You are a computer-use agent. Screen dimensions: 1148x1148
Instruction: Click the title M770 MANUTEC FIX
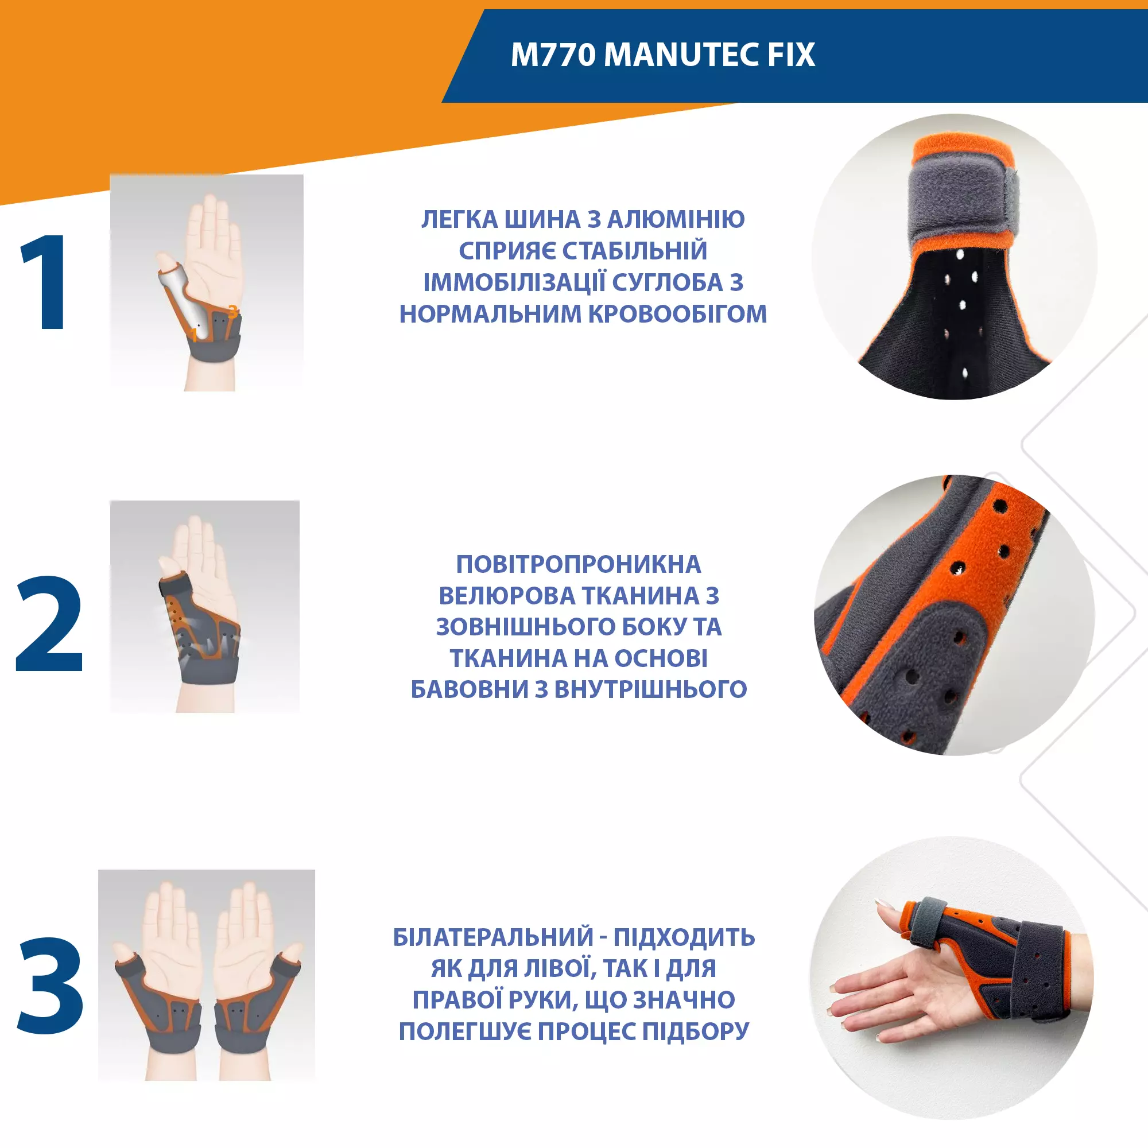click(x=662, y=55)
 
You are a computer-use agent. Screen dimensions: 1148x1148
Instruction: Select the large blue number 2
click(x=49, y=623)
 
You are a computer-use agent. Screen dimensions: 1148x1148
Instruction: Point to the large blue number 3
click(x=51, y=985)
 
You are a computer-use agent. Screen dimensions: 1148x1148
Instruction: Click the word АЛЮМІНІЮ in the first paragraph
click(x=676, y=219)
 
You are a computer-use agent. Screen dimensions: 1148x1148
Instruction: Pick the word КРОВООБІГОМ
click(x=677, y=314)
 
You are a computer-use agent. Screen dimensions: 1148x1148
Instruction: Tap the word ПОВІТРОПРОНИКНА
click(x=579, y=564)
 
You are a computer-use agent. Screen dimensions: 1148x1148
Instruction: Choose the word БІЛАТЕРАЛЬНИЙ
click(x=493, y=937)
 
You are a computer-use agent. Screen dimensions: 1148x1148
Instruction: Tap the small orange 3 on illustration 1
click(x=233, y=311)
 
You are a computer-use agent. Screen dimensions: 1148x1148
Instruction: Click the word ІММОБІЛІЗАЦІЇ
click(x=514, y=282)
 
